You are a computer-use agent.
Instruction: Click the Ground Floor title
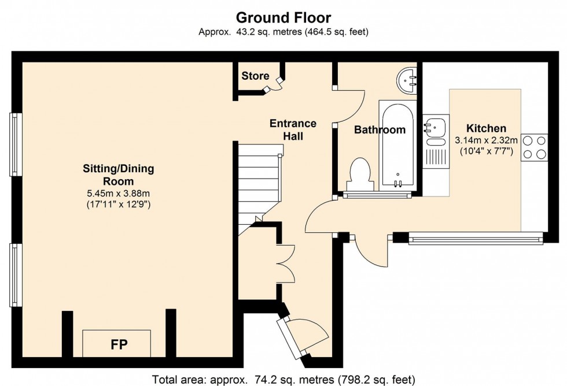(283, 18)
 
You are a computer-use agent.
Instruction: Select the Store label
(255, 76)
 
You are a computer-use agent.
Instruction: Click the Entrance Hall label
(294, 129)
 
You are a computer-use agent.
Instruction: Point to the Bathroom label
(380, 130)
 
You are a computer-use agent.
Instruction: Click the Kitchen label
(486, 128)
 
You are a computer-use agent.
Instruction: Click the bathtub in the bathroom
(396, 144)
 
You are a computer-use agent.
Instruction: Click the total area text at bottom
(283, 380)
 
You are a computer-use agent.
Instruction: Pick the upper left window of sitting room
(15, 144)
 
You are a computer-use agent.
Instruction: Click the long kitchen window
(476, 237)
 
